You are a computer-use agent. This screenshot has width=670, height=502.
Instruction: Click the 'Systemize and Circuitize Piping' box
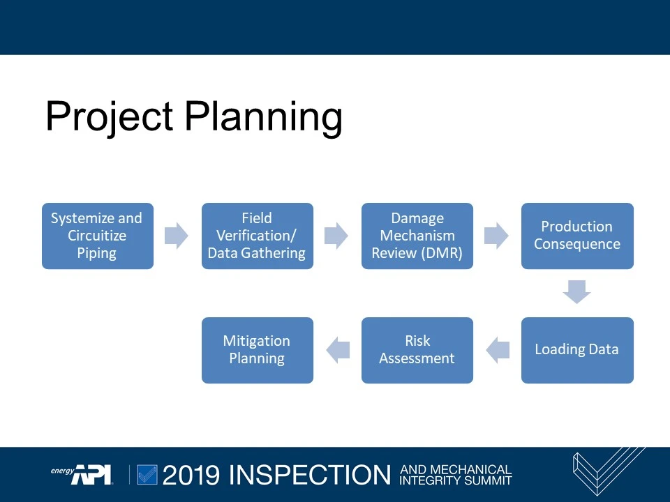[97, 236]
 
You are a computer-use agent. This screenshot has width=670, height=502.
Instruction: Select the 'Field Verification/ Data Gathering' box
[257, 236]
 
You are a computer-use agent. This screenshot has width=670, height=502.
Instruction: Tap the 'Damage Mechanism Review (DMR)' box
[417, 236]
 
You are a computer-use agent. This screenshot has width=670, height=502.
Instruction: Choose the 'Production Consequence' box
[577, 236]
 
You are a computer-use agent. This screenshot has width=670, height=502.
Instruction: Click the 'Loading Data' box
[577, 350]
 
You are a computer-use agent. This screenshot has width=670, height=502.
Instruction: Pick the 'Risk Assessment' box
[417, 350]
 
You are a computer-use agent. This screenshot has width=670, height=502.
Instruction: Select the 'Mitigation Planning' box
[257, 350]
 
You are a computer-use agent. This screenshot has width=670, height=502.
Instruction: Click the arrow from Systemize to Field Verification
[177, 236]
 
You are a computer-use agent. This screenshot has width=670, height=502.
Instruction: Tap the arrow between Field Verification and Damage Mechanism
[336, 236]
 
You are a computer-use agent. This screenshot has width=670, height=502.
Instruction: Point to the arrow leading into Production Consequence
[496, 236]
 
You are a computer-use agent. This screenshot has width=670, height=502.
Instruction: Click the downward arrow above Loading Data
[577, 291]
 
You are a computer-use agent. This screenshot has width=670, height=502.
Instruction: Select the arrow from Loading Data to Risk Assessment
[498, 350]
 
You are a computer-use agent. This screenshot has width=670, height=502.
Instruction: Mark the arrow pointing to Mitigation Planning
[338, 350]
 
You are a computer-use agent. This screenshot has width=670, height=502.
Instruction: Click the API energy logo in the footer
[82, 474]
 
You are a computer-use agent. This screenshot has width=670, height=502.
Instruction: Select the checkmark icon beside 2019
[147, 475]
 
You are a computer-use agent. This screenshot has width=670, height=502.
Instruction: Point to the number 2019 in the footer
[192, 475]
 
